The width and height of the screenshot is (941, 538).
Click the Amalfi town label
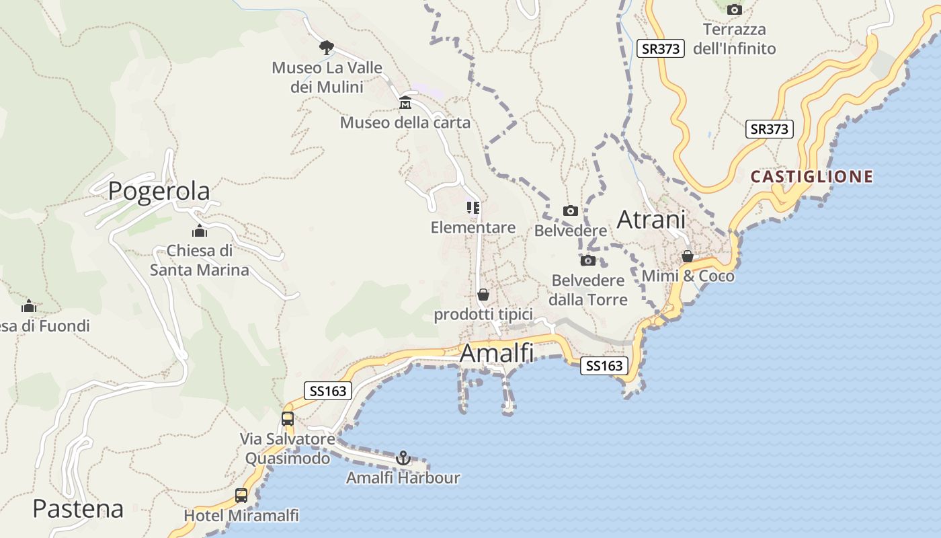click(x=497, y=353)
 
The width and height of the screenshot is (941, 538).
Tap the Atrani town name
click(x=651, y=220)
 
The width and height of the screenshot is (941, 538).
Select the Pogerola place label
click(x=159, y=191)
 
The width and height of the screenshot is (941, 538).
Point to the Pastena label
click(x=78, y=509)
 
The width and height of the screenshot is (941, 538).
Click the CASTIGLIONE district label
click(x=812, y=177)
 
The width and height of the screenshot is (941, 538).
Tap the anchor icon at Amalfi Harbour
click(x=403, y=458)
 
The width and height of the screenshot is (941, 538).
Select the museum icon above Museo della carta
click(x=405, y=103)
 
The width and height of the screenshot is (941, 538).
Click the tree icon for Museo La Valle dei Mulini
click(x=327, y=48)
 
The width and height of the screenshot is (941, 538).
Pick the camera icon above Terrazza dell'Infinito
click(x=735, y=9)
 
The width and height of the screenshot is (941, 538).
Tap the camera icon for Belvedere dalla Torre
click(x=588, y=260)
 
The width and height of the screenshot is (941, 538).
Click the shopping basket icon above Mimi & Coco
click(x=688, y=256)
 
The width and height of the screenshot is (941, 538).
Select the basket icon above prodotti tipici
click(x=483, y=295)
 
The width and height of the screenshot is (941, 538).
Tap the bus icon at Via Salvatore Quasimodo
click(x=288, y=419)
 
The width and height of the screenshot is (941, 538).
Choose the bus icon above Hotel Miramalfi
click(x=241, y=496)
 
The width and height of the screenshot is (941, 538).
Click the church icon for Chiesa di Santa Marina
click(x=199, y=231)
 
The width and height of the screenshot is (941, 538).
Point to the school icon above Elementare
click(x=473, y=208)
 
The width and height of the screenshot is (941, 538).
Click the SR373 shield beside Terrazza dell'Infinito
click(x=660, y=48)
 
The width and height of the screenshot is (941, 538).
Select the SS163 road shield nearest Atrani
click(x=604, y=366)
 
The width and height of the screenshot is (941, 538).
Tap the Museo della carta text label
click(x=405, y=122)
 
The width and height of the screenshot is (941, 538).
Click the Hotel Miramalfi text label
click(x=241, y=516)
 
